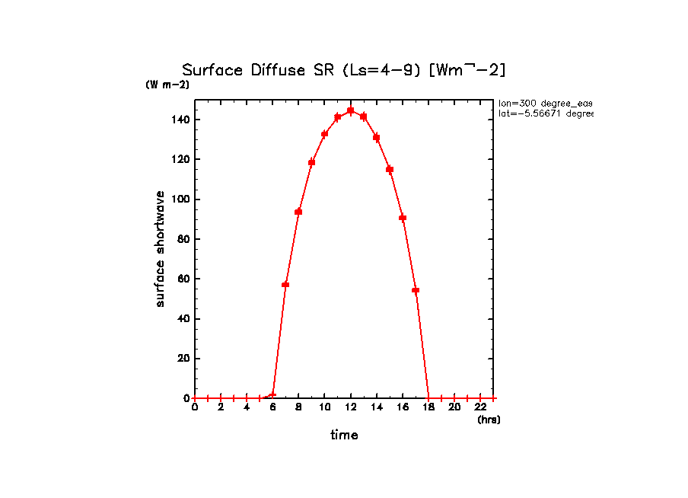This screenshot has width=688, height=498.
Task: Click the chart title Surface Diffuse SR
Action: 343,70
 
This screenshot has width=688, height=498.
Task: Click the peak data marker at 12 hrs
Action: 350,110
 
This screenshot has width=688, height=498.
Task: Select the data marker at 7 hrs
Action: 285,285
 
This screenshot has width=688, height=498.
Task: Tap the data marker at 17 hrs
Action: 416,290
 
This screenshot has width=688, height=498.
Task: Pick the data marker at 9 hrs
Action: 311,162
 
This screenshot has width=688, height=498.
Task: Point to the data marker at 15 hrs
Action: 390,169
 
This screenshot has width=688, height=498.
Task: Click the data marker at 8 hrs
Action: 298,212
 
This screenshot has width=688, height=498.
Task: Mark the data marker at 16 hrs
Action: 403,218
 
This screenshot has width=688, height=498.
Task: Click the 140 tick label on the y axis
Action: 180,120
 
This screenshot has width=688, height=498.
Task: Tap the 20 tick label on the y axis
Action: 183,359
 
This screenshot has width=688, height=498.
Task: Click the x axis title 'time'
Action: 344,435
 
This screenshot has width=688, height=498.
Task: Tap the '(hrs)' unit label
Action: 489,420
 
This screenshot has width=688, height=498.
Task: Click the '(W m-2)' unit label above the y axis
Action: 167,85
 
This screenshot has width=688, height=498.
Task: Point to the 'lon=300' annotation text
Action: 545,103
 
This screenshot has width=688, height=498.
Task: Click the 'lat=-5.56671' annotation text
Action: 545,113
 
